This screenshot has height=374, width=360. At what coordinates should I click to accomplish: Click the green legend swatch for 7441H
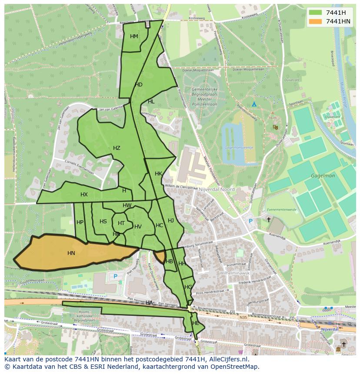pos(315,13)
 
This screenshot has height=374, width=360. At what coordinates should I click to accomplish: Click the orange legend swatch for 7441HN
pos(315,21)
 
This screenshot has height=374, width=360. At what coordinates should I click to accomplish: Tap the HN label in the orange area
pos(71,253)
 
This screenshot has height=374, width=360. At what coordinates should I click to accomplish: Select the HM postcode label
pos(134,36)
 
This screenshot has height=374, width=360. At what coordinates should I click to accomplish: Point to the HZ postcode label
pos(117,148)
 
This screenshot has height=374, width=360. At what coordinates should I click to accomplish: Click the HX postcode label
pos(84,195)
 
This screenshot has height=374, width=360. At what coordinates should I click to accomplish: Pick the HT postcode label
pos(121,223)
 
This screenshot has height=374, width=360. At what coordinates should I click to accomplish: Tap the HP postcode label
pos(80,222)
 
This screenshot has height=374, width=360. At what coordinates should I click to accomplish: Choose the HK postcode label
pos(158,174)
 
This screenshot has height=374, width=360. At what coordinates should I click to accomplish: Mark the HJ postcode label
pos(171,221)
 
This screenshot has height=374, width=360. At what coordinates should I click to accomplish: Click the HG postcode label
pos(188,287)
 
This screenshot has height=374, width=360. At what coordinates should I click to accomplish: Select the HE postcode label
pos(196,323)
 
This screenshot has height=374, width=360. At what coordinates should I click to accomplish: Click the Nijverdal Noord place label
pos(217,189)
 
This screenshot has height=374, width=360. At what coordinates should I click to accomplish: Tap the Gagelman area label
pos(323,176)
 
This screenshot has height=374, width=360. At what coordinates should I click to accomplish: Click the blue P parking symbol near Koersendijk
pos(250,221)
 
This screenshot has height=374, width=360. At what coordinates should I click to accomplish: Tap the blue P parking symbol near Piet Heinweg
pos(115,276)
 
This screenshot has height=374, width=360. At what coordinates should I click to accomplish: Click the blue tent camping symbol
pos(254,104)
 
